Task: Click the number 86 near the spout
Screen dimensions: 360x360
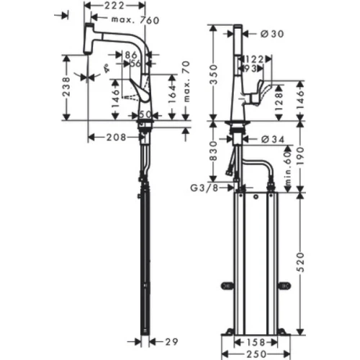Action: pos(132,55)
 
